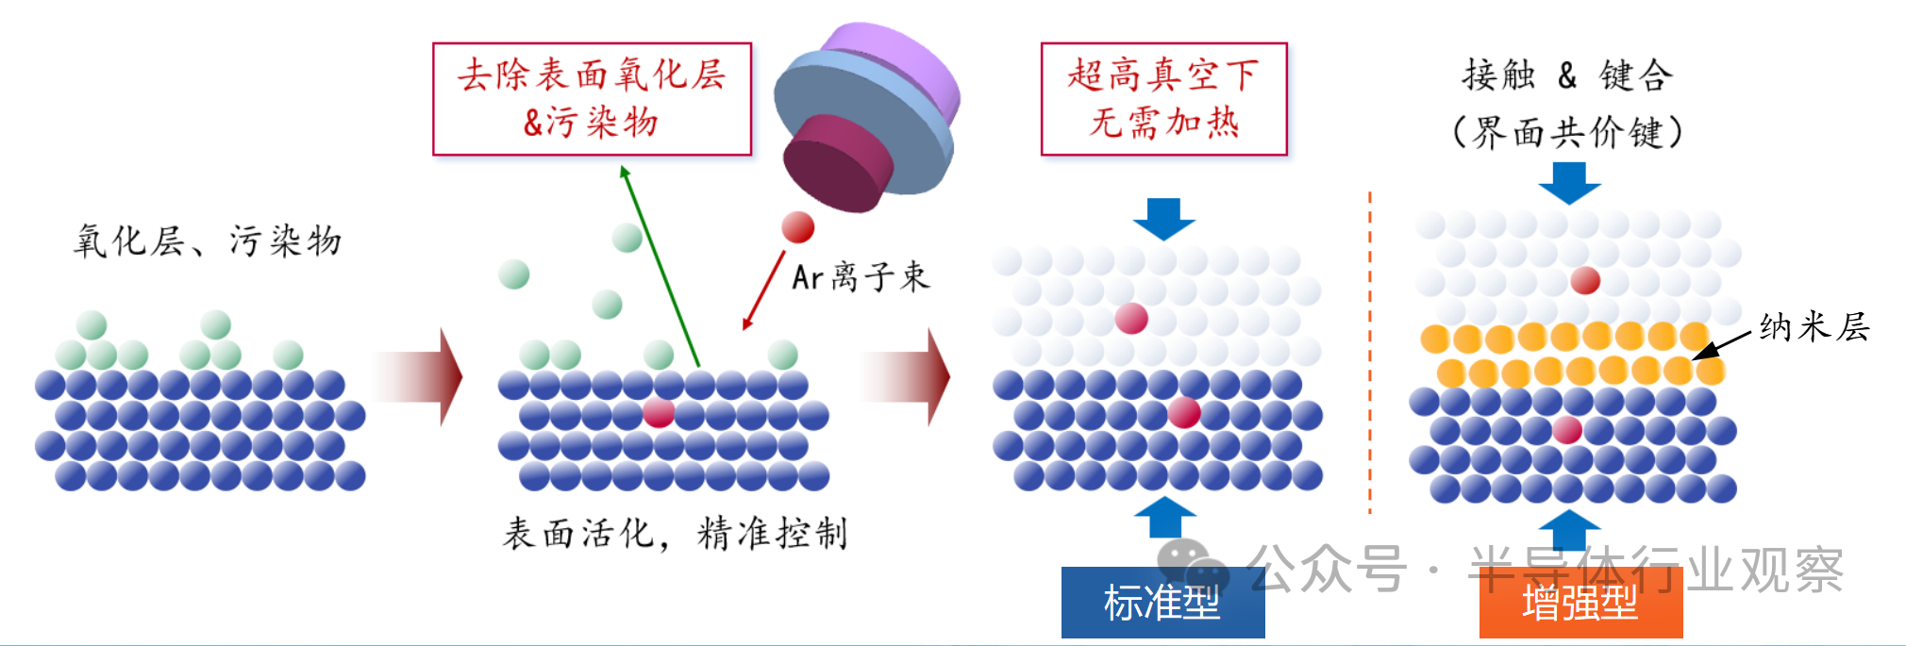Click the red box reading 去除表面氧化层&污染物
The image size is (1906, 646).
pyautogui.click(x=592, y=99)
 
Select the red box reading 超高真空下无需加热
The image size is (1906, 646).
pyautogui.click(x=1163, y=99)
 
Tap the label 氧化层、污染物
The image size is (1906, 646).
pyautogui.click(x=208, y=241)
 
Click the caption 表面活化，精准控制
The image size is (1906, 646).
pyautogui.click(x=675, y=534)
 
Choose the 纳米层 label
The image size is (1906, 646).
pyautogui.click(x=1814, y=327)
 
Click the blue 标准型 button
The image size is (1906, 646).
pyautogui.click(x=1162, y=603)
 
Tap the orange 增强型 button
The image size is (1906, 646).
pyautogui.click(x=1580, y=603)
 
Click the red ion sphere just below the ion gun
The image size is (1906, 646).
pyautogui.click(x=797, y=227)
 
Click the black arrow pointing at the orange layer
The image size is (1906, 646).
pyautogui.click(x=1722, y=345)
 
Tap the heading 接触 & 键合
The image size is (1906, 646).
pyautogui.click(x=1567, y=75)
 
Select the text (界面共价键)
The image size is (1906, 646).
pyautogui.click(x=1567, y=132)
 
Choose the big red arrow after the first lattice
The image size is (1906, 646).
pyautogui.click(x=420, y=377)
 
